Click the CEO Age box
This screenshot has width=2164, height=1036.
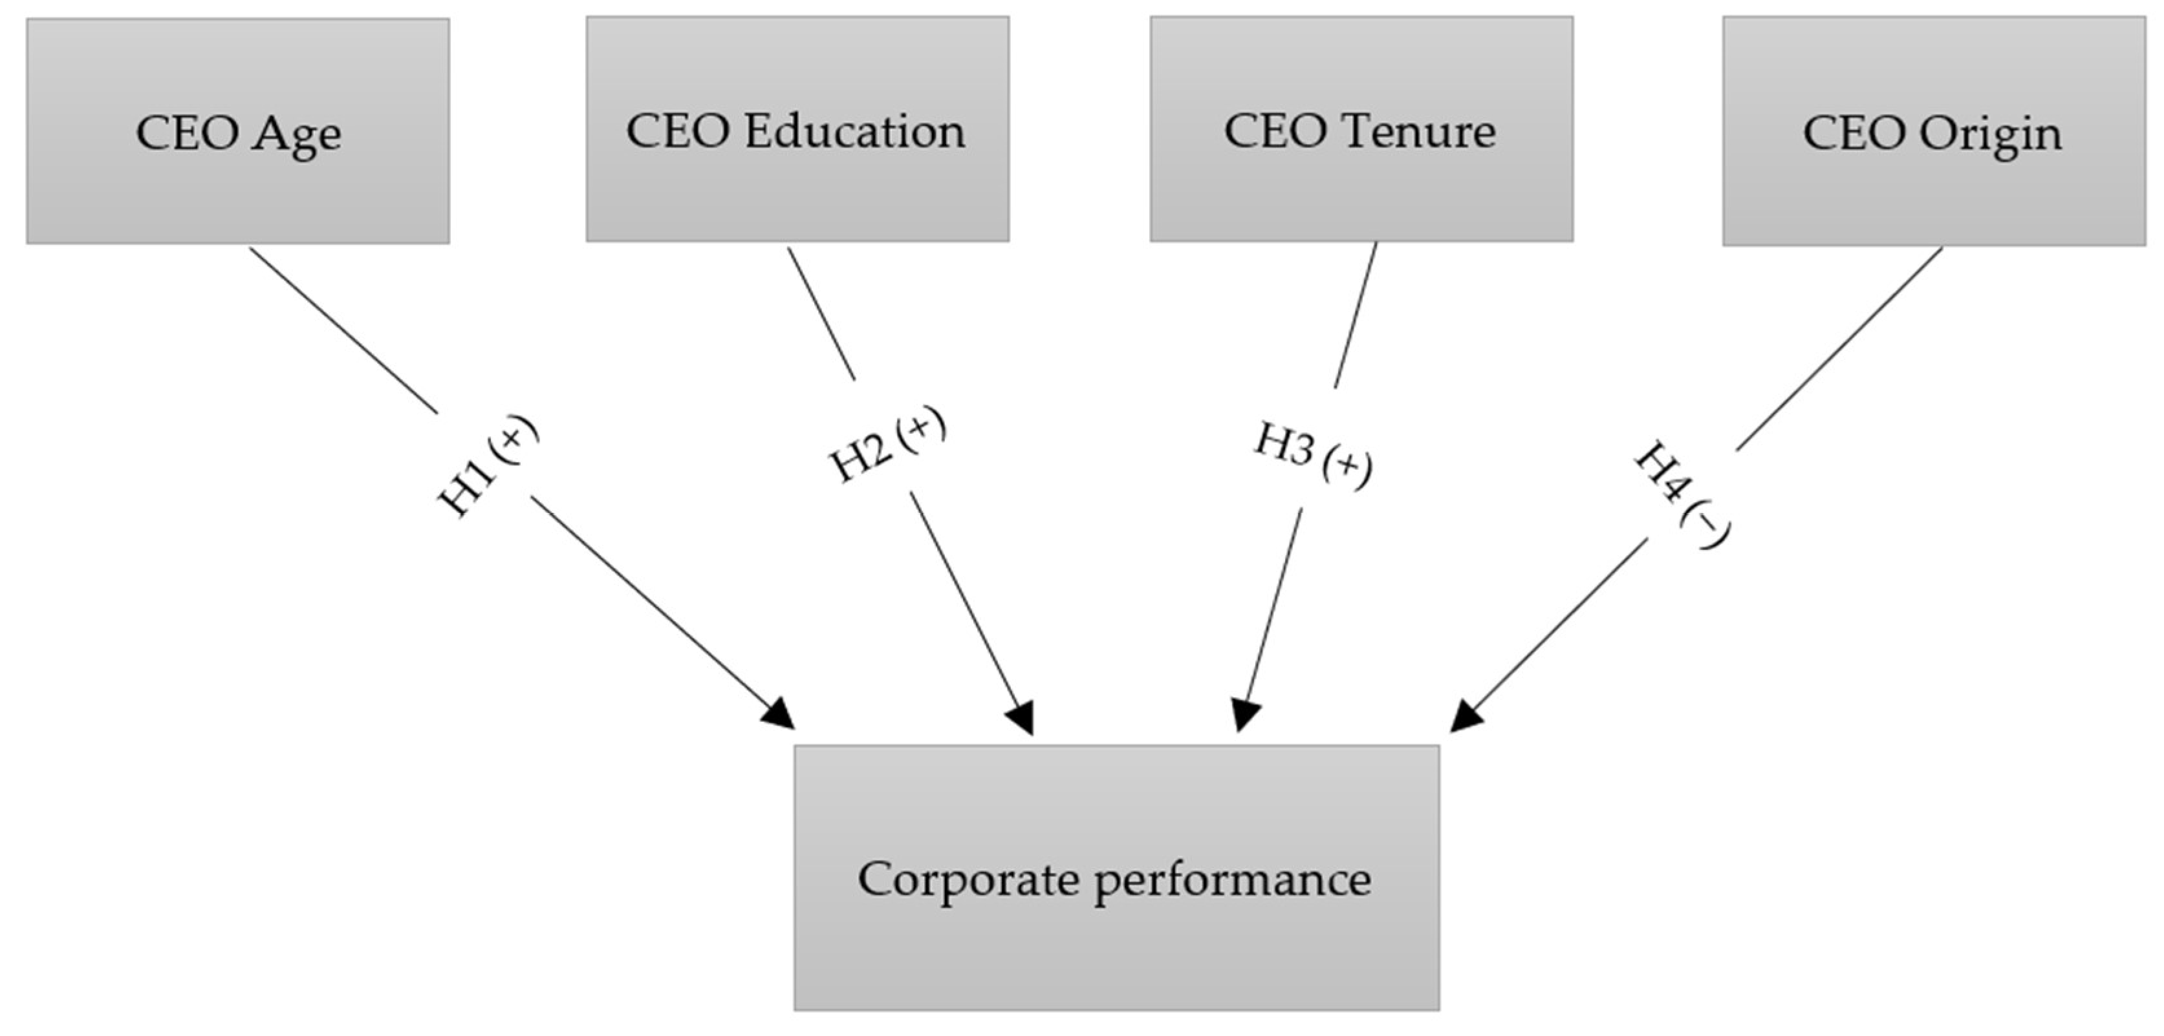coord(238,131)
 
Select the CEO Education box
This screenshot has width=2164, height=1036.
coord(797,129)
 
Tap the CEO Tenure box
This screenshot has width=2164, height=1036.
coord(1361,129)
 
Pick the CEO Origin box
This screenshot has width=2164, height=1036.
coord(1933,132)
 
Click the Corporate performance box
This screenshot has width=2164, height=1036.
coord(1116,877)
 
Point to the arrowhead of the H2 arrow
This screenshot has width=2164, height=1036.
coord(1021,718)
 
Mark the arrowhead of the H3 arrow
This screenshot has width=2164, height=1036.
coord(1245,715)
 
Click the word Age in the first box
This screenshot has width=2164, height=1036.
coord(298,134)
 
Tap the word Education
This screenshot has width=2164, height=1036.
coord(854,131)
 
